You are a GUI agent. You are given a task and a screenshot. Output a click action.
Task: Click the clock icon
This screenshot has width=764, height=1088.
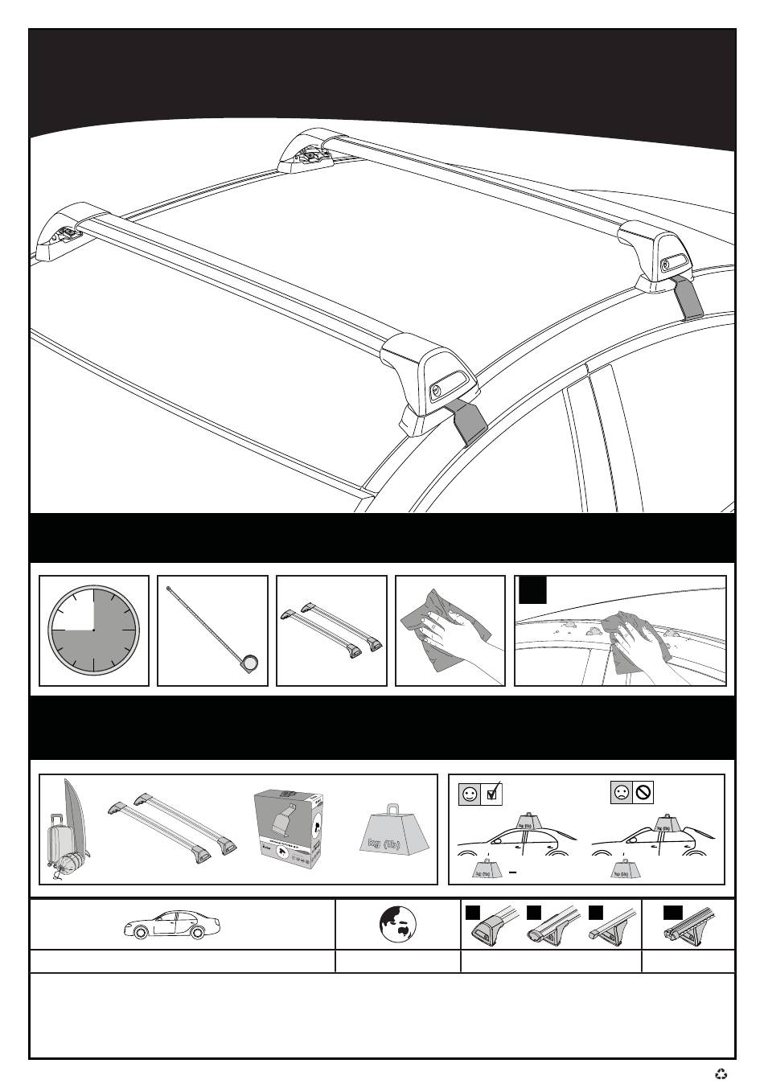tap(93, 630)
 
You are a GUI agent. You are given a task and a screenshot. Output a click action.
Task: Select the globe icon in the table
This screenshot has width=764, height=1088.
tap(397, 925)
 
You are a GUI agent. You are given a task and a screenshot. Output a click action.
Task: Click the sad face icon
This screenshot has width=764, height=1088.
tap(622, 794)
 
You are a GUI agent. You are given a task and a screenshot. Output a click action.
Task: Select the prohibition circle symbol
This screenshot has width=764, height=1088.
tap(643, 794)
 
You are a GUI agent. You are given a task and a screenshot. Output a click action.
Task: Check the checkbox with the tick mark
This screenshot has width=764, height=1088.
tap(492, 794)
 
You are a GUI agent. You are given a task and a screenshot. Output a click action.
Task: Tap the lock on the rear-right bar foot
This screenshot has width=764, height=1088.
tap(666, 265)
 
